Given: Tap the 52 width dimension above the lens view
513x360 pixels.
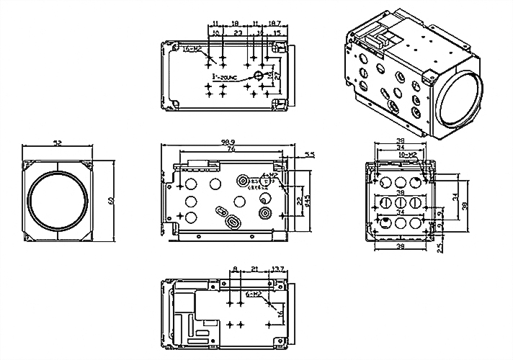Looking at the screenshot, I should pos(58,144).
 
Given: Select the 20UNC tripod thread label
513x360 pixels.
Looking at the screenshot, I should pos(226,75).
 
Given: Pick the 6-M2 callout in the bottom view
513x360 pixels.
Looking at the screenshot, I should pos(253,294).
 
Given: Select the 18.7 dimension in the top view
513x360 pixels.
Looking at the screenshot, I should pos(275,24).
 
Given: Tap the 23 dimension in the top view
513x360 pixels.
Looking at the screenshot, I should pos(238,33).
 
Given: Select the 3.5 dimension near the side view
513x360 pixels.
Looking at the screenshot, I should pos(309,155).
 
